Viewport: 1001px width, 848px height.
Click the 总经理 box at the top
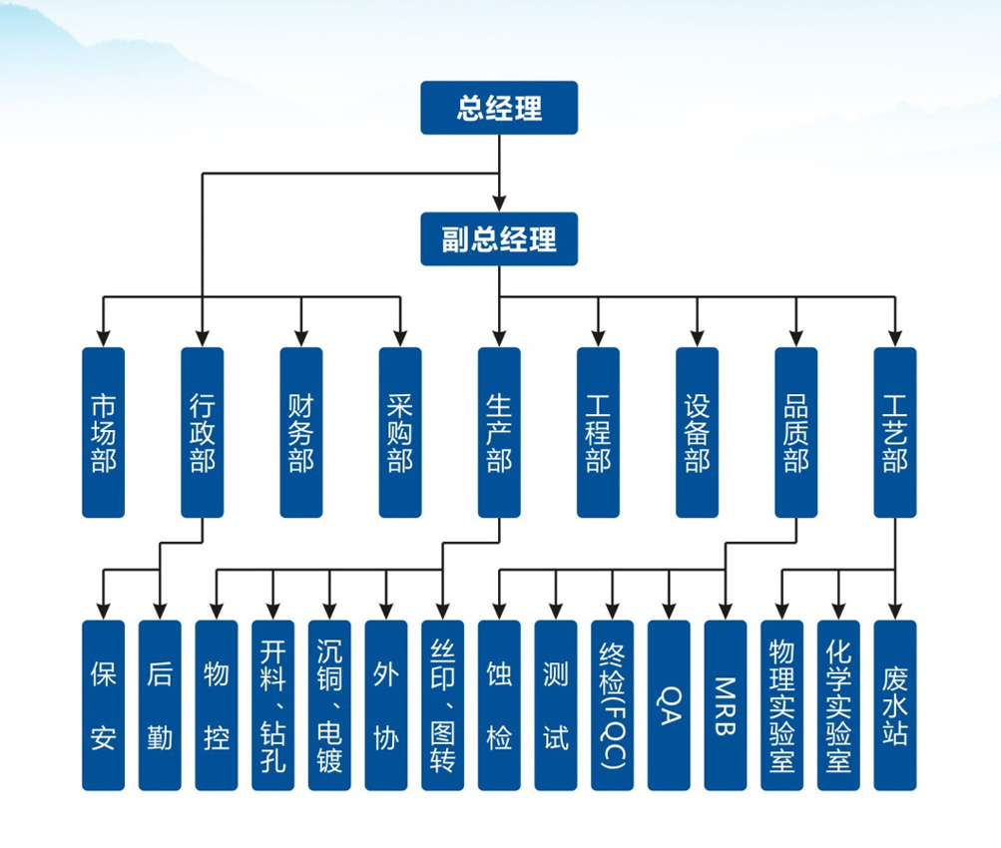pos(499,108)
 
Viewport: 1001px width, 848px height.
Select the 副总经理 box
pos(499,238)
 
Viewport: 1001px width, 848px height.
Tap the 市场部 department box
pos(103,432)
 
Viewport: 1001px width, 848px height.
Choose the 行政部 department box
pos(202,432)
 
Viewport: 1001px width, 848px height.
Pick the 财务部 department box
pos(300,432)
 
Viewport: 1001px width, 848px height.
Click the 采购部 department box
pos(400,432)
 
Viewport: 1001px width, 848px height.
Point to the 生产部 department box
pos(499,432)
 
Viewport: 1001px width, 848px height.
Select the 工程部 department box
pos(598,432)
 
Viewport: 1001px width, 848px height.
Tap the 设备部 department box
pos(697,432)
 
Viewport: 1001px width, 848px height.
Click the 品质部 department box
pos(795,432)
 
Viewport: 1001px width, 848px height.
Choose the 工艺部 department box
pos(894,432)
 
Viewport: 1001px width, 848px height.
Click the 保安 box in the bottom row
pos(103,705)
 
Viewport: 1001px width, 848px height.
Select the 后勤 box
pos(160,705)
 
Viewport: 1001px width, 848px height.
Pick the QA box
pos(669,705)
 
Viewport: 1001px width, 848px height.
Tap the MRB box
pos(726,705)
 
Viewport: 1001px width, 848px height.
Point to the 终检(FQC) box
pos(612,705)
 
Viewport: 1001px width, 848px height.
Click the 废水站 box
pos(894,705)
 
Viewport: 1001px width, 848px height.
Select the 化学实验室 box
pos(838,705)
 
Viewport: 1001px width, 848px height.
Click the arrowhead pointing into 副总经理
pos(499,206)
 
